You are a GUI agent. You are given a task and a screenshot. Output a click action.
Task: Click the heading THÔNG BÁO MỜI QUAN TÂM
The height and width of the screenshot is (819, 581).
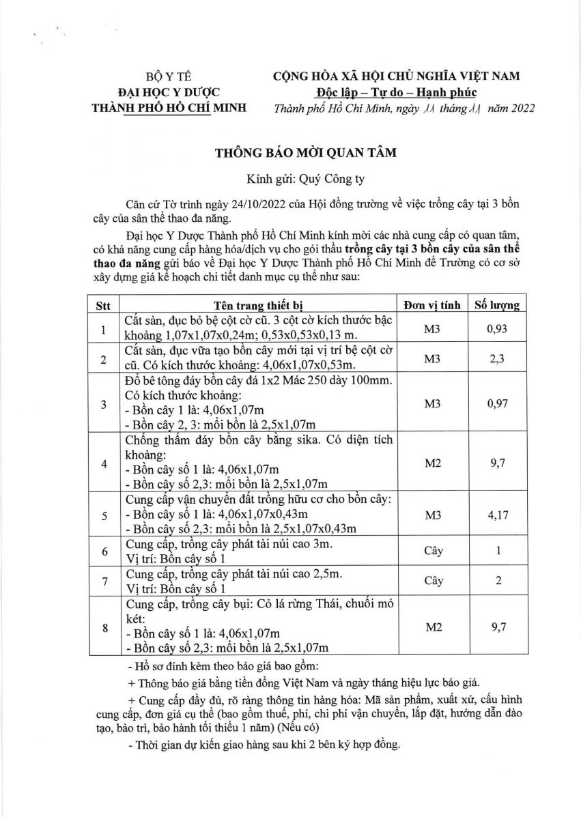pos(296,154)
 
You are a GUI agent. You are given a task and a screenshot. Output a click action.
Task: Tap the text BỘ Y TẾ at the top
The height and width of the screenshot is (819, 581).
pos(170,76)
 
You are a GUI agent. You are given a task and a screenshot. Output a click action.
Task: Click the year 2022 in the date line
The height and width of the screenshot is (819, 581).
pos(520,108)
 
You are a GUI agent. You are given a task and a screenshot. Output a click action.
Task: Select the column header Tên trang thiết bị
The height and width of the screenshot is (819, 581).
pos(253,305)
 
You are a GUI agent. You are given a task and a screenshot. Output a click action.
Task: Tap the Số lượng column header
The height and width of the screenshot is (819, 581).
pos(498,305)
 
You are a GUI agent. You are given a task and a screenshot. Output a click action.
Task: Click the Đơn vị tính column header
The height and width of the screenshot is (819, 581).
pos(432,305)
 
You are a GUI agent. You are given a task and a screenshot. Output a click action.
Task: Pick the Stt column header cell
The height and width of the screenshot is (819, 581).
pos(103,305)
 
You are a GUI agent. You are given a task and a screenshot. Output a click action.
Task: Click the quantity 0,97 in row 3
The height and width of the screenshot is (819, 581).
pos(498,404)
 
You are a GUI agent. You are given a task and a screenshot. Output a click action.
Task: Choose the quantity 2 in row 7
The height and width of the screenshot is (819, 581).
pos(498,581)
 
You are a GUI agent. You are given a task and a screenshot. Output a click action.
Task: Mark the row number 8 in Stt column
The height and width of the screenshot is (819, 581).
pos(103,627)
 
